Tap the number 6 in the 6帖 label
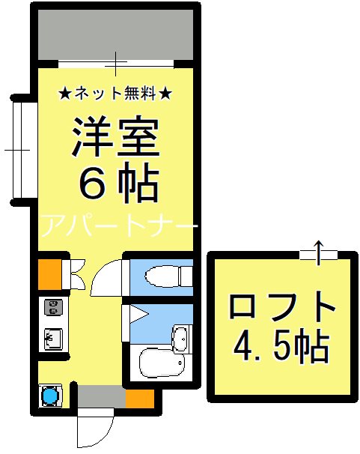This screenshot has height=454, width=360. coord(94,184)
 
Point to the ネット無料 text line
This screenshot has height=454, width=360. coord(115,94)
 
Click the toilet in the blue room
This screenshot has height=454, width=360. coord(165,277)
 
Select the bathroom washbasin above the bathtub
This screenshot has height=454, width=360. coord(181,339)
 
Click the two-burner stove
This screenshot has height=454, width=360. coord(53,307)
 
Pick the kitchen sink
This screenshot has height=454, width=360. coord(53,339)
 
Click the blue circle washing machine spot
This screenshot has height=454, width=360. coord(51,394)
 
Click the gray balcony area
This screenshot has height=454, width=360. coord(115,36)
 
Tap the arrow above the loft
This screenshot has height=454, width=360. coord(318,252)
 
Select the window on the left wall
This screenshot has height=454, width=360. coord(22,150)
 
